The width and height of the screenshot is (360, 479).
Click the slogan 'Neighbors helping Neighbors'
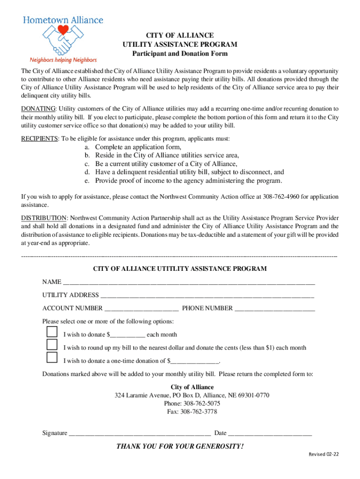63,60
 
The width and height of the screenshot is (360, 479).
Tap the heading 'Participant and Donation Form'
180,53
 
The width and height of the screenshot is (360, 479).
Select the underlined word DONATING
38,109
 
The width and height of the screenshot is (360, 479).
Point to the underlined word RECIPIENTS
39,139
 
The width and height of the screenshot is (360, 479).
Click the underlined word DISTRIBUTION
43,218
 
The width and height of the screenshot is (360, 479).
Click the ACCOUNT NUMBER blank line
141,309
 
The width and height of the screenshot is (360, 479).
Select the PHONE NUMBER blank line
274,309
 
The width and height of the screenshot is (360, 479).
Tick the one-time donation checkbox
52,358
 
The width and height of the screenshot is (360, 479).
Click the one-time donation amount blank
195,361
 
